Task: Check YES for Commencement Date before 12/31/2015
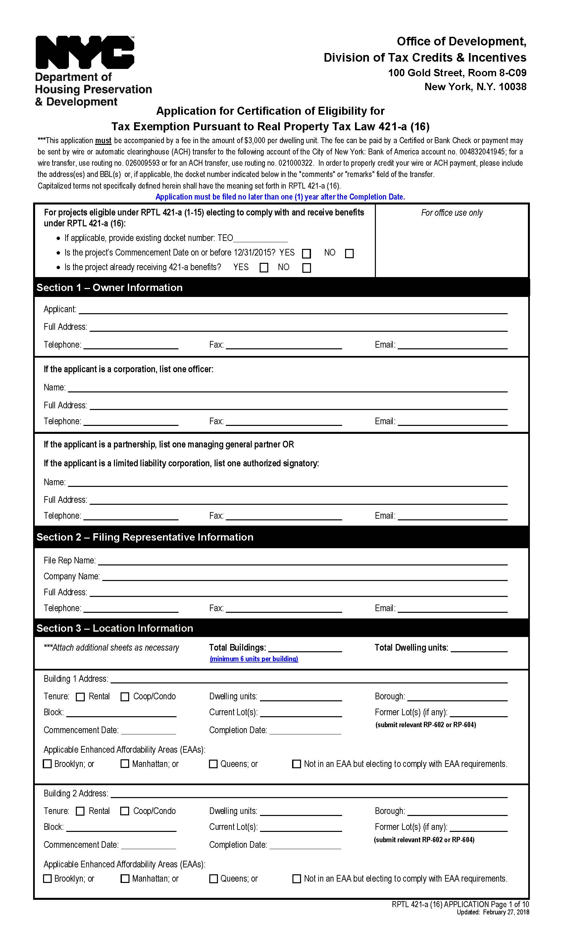point(306,254)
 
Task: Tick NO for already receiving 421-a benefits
point(306,268)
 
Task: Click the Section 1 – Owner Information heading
point(109,287)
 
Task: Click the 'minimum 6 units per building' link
point(254,659)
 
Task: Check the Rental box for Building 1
point(80,697)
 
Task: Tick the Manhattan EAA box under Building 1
point(125,764)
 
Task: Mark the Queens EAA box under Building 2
point(213,879)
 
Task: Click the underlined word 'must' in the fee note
point(103,141)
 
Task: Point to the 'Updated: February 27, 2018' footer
point(493,912)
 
